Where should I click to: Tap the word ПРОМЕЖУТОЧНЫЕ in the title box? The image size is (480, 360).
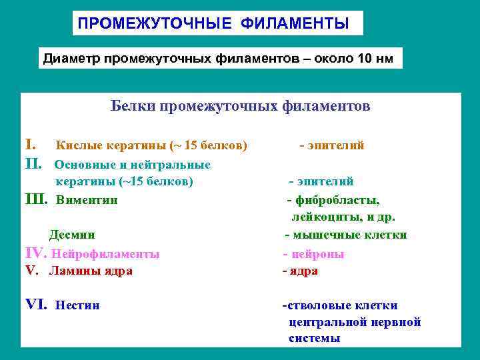point(155,24)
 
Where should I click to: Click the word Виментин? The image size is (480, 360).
point(87,199)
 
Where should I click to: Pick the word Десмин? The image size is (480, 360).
point(72,235)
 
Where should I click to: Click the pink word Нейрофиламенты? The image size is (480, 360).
point(105,254)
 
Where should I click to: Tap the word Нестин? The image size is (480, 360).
point(78,306)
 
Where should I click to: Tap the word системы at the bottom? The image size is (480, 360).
point(314,339)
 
